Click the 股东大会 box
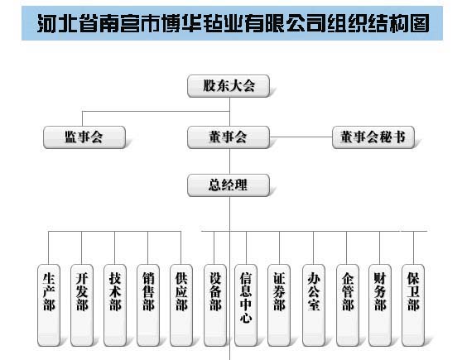229,86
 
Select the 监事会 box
84,137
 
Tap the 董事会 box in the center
229,137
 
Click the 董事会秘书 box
373,137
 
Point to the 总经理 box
229,185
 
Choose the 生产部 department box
49,305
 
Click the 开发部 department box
82,305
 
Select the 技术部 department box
115,305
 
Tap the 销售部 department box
148,305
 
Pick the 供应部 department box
181,305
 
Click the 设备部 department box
215,305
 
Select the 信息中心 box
246,305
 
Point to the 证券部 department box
279,305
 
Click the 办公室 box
314,305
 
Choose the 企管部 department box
348,305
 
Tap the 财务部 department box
380,305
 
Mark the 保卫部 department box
413,305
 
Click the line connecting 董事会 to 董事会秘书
301,137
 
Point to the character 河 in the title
46,23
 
